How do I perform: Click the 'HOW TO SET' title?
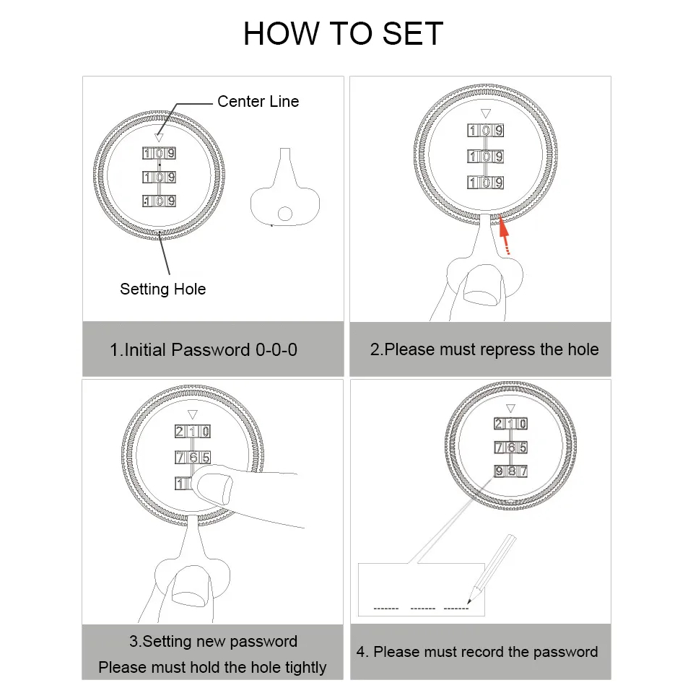click(343, 33)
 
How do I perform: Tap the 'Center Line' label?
click(258, 102)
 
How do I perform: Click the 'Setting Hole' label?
click(162, 289)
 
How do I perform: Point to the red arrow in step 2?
click(505, 235)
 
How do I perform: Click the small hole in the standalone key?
click(285, 214)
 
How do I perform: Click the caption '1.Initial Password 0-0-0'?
click(204, 350)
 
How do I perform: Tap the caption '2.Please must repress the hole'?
click(484, 349)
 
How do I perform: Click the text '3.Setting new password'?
click(213, 641)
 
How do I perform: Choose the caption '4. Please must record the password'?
click(477, 652)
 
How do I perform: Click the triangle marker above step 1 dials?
click(159, 137)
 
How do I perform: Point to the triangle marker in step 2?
click(486, 113)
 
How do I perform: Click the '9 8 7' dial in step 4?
click(510, 471)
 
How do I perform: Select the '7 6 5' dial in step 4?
click(510, 448)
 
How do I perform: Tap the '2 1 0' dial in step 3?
click(193, 432)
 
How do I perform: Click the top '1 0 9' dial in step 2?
click(486, 131)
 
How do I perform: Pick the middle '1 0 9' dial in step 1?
click(159, 178)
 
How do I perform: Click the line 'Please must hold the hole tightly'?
click(212, 667)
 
